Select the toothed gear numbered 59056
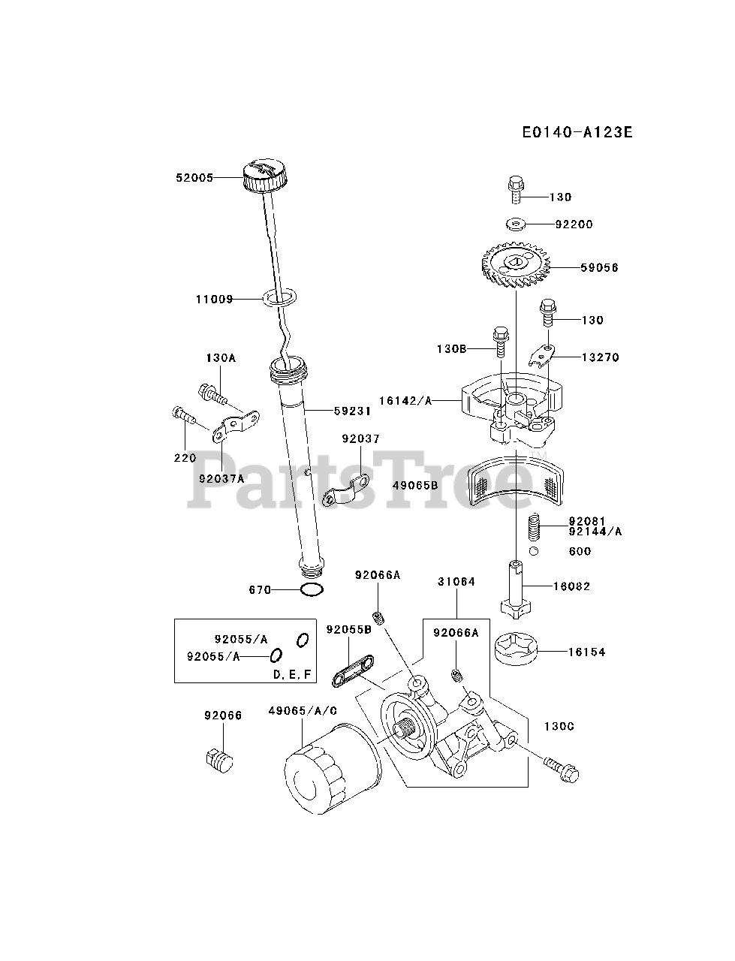(516, 267)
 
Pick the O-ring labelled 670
(312, 590)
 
